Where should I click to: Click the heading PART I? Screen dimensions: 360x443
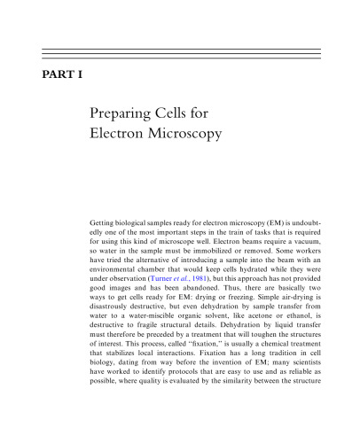(63, 75)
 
